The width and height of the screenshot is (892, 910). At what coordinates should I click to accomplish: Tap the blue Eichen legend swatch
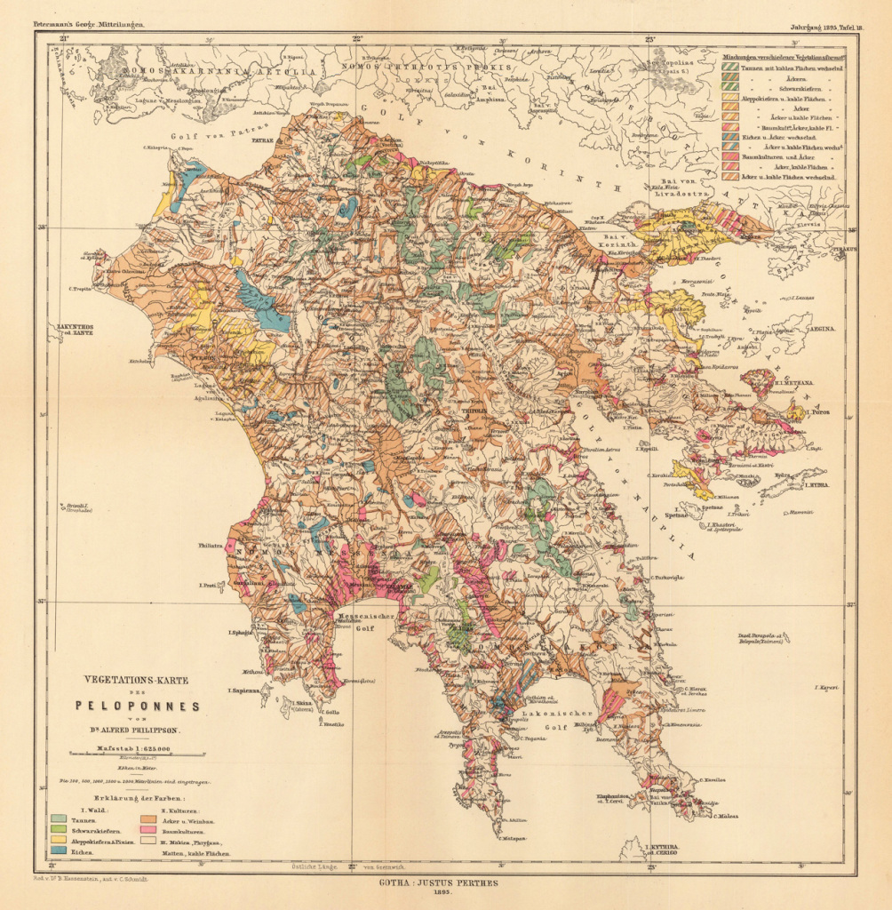click(60, 851)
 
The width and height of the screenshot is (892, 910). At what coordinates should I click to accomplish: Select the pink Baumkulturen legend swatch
click(148, 828)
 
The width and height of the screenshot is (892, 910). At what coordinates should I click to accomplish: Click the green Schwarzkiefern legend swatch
click(60, 829)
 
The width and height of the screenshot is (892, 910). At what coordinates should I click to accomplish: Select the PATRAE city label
click(261, 140)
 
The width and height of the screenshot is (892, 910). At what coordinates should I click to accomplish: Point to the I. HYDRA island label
click(816, 485)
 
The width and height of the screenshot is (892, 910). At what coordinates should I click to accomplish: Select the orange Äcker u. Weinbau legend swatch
click(148, 818)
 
